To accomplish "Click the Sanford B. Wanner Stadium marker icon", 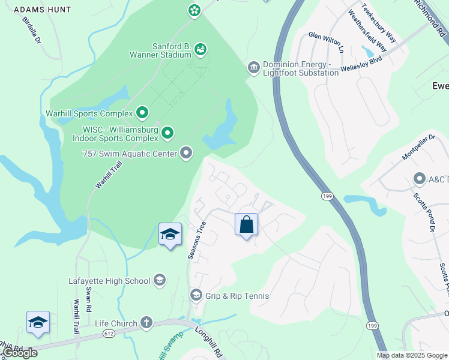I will click(x=200, y=49).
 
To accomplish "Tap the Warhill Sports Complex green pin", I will click(x=142, y=112).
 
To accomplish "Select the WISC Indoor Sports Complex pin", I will click(x=168, y=131).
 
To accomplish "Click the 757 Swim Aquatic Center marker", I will click(x=186, y=154).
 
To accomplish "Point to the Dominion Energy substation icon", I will click(x=253, y=67).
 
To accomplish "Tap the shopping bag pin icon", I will click(x=246, y=225).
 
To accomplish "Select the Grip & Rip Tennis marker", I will click(x=196, y=295).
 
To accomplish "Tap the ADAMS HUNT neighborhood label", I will click(x=42, y=10).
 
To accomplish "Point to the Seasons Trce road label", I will click(x=197, y=241).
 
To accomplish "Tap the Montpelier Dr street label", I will click(x=418, y=148).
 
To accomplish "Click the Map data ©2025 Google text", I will click(x=412, y=355).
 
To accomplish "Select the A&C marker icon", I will click(x=420, y=179).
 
